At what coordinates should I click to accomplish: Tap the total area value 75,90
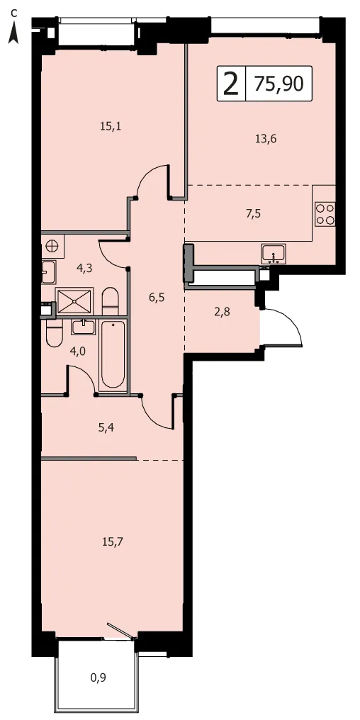click(x=279, y=84)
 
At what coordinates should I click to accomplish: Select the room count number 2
click(x=231, y=84)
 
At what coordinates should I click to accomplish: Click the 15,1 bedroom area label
click(x=111, y=126)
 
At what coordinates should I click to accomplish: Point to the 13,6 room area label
click(x=266, y=139)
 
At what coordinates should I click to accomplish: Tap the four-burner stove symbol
click(x=325, y=214)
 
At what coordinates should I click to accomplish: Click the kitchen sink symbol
click(x=274, y=254)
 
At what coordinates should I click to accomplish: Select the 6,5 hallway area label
click(x=156, y=297)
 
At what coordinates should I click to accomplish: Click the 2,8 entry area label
click(x=222, y=313)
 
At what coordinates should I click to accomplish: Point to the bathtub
click(x=113, y=355)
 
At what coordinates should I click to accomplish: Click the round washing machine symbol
click(x=52, y=246)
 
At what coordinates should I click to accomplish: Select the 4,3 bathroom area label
click(x=84, y=268)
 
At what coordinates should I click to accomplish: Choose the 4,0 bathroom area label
click(x=77, y=351)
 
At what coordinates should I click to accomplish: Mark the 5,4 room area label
click(x=106, y=428)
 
